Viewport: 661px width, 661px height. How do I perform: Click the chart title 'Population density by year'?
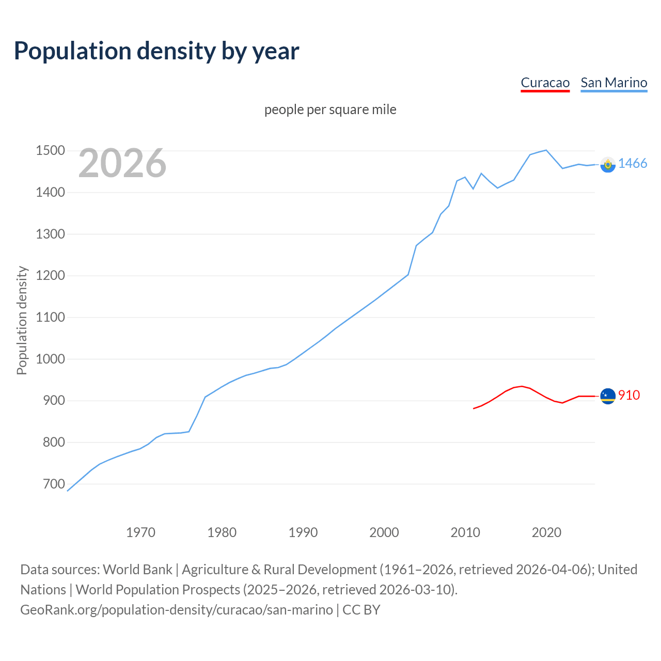coord(156,51)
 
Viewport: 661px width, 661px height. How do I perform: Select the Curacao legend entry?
coord(545,83)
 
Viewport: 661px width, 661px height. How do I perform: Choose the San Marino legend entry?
coord(613,83)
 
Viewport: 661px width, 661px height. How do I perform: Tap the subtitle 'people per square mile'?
coord(330,109)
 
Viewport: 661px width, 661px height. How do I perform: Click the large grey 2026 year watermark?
coord(122,163)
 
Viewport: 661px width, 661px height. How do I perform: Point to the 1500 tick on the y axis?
coord(50,151)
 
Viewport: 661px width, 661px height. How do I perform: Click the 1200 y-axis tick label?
coord(50,276)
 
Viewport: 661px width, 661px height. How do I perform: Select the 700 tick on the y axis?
coord(54,484)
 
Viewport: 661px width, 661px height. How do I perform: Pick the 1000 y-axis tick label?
coord(50,359)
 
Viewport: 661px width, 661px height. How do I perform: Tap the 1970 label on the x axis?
coord(140,532)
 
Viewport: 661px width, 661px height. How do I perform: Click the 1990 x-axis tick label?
coord(303,532)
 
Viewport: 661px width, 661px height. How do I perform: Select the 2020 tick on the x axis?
coord(546,532)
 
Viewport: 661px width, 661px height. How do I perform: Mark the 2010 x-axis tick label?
coord(465,532)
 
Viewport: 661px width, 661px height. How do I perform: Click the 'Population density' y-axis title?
coord(22,320)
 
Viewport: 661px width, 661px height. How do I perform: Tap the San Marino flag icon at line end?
coord(608,164)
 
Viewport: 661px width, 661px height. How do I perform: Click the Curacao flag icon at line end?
coord(608,396)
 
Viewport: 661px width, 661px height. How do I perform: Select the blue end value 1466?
coord(633,163)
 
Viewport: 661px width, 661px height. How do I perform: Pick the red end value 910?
coord(629,395)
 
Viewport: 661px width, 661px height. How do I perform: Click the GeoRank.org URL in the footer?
coord(177,610)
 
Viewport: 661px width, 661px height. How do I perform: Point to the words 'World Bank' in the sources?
coord(137,570)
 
